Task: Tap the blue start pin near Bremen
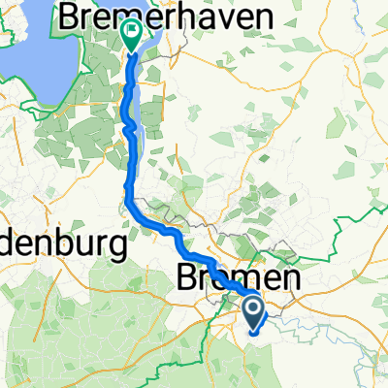tap(253, 311)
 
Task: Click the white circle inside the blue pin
tap(253, 308)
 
